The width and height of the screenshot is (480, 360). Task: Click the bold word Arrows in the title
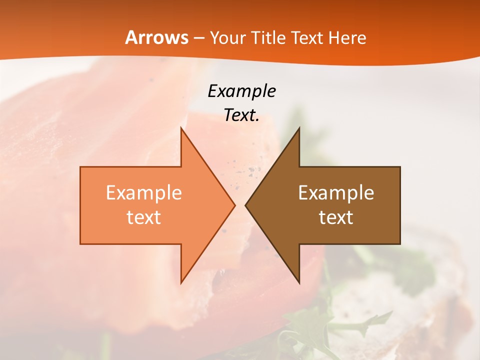[157, 37]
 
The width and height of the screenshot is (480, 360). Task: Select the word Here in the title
[348, 37]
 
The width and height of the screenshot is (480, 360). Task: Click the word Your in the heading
[227, 38]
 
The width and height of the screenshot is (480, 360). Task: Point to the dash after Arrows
[198, 38]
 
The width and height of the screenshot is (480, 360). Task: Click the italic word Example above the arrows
[241, 91]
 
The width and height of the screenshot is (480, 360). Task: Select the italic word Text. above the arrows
[241, 115]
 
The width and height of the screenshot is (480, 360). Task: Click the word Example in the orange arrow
[144, 193]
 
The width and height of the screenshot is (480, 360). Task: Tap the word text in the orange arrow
[144, 217]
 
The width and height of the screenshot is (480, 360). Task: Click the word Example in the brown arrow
[336, 193]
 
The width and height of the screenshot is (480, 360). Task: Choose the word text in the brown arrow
[336, 217]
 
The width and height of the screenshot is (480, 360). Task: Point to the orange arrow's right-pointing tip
[234, 205]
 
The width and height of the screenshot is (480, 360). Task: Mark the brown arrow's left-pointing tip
[245, 205]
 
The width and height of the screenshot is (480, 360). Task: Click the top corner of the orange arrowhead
[181, 128]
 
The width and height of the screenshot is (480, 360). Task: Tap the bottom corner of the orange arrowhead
[181, 283]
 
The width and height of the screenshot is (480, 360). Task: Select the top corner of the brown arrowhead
[299, 128]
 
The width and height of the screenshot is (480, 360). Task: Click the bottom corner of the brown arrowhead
[299, 283]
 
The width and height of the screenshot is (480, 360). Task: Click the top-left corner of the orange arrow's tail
[80, 167]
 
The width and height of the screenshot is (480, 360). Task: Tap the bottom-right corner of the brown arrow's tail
[400, 244]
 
